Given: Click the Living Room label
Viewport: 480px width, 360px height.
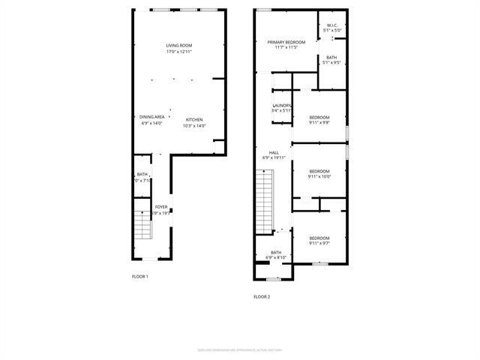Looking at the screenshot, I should click(x=179, y=46).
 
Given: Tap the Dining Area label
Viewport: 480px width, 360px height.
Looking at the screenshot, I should click(x=151, y=117).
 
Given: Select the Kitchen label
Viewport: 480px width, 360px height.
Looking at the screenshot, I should click(x=194, y=120).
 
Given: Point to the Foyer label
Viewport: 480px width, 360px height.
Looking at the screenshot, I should click(x=161, y=206).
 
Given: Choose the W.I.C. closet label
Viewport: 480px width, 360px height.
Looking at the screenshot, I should click(x=332, y=25).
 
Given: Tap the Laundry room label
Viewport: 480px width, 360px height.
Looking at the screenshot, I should click(x=281, y=105).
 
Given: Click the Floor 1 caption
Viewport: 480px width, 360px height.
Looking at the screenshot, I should click(x=139, y=277).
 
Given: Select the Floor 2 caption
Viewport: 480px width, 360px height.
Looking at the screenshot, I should click(x=262, y=297).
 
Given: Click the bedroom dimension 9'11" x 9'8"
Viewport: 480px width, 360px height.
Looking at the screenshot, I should click(x=319, y=122).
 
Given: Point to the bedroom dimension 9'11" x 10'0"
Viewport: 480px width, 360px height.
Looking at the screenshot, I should click(x=319, y=177).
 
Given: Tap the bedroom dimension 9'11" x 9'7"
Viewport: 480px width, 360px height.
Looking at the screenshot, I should click(x=319, y=243).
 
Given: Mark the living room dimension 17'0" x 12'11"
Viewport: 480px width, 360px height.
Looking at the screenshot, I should click(x=179, y=52).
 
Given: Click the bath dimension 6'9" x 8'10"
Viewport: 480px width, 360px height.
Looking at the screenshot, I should click(x=276, y=258).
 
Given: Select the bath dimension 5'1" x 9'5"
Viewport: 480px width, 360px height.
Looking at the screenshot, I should click(x=331, y=63).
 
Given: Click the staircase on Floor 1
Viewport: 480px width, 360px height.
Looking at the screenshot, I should click(x=142, y=224).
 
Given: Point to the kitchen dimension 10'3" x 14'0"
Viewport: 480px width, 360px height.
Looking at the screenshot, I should click(x=194, y=126).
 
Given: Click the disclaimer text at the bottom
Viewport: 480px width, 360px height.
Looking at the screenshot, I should click(x=239, y=349).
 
